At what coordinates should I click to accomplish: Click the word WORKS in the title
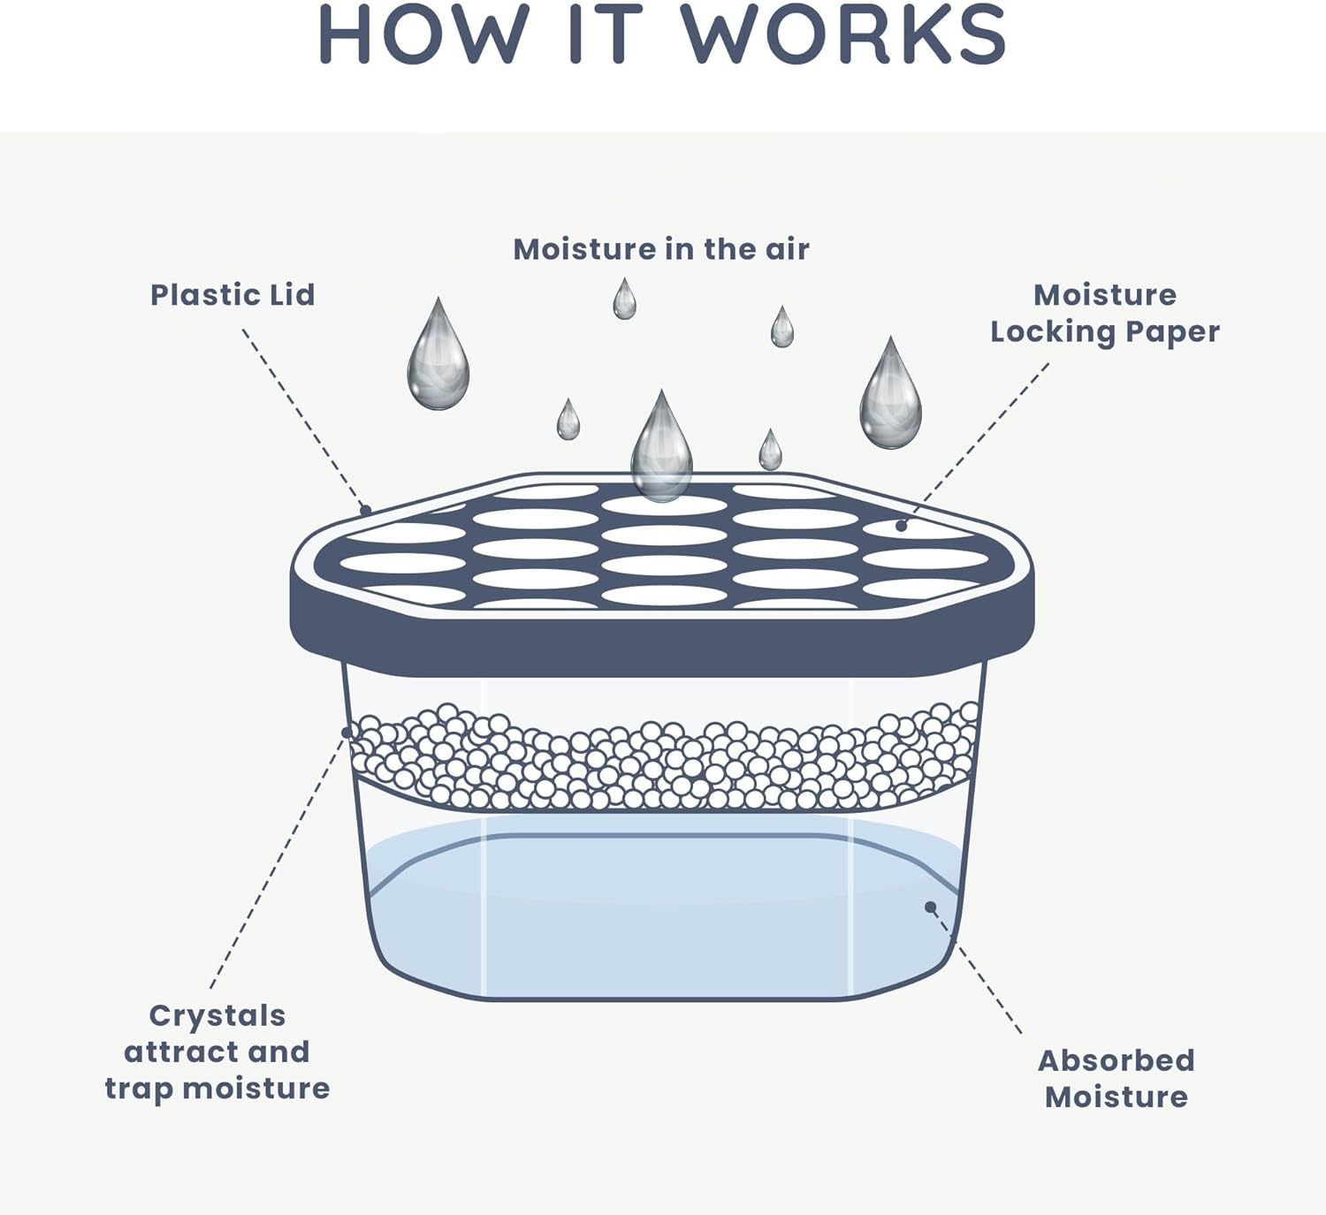tap(843, 34)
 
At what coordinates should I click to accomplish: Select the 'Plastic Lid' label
tap(232, 295)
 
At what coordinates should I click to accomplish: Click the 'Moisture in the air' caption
tap(661, 249)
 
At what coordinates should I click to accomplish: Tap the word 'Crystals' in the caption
tap(217, 1016)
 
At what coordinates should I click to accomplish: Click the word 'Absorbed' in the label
tap(1116, 1060)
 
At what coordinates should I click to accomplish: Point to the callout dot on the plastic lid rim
tap(365, 511)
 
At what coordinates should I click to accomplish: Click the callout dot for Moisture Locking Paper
tap(901, 526)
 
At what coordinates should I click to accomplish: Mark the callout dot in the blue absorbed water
tap(930, 907)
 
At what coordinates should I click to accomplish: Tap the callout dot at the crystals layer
tap(347, 733)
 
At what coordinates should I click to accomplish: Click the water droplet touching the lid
tap(662, 445)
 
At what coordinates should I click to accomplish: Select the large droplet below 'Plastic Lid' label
tap(438, 353)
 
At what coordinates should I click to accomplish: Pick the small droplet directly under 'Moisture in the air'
tap(625, 299)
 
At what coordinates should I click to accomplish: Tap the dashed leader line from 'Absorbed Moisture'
tap(976, 969)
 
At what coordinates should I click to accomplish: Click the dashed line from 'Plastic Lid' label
tap(303, 420)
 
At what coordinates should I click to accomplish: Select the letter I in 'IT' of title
tap(575, 34)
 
